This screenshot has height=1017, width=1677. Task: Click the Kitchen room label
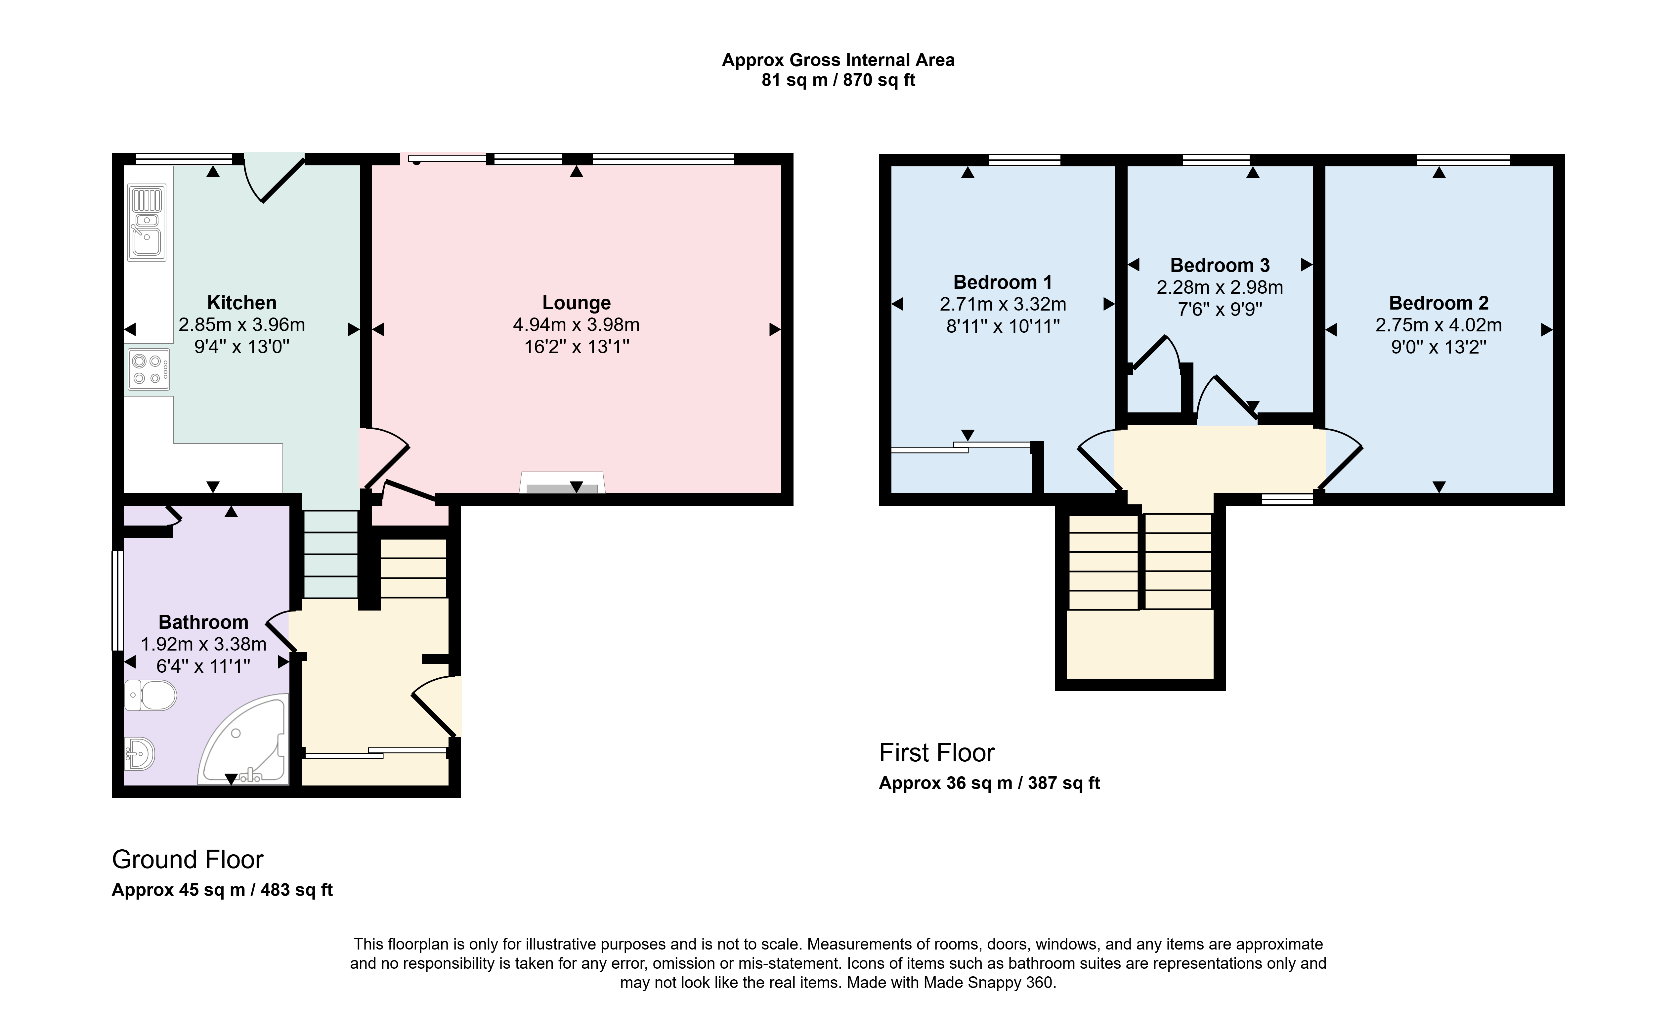(241, 303)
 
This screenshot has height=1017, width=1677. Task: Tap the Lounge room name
(577, 303)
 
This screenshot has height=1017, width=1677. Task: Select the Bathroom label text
(203, 622)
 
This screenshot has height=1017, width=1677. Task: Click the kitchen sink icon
(147, 222)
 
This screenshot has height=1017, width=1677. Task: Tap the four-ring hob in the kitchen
(148, 370)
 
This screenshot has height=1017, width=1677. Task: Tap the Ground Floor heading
(188, 860)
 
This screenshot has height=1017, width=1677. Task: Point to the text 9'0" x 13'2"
(1439, 347)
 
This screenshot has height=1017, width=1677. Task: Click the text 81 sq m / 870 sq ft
(838, 80)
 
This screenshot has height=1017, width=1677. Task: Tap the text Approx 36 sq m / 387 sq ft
(990, 784)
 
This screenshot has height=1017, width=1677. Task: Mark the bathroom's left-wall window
(118, 600)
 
